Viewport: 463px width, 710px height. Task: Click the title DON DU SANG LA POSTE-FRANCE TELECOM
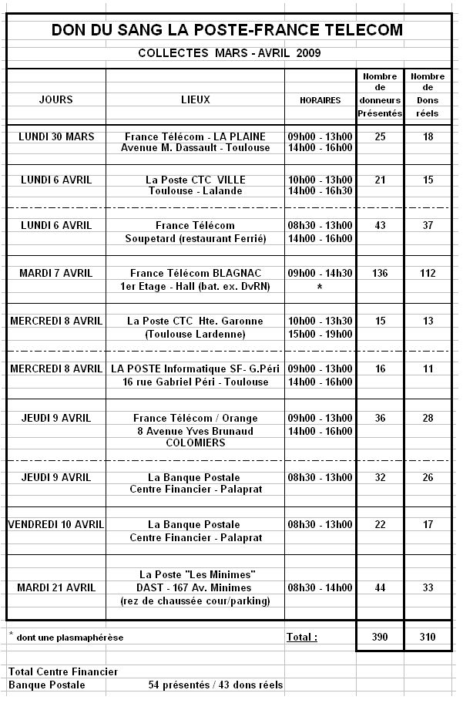(227, 31)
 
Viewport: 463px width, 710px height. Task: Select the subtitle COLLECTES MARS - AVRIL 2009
(229, 53)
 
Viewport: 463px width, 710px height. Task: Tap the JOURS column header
(55, 100)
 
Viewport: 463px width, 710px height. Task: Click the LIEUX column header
(196, 100)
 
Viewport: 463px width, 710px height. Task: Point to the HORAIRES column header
(320, 101)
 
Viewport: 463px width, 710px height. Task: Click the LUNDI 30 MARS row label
(55, 136)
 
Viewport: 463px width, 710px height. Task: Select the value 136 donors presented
(380, 273)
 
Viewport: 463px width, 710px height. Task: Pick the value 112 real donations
(428, 273)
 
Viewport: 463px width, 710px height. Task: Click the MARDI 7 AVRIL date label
(55, 273)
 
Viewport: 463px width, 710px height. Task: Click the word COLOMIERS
(195, 443)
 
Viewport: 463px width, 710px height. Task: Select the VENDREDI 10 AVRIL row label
(56, 525)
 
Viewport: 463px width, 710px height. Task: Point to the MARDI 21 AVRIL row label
(56, 587)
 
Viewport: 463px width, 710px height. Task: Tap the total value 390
(380, 638)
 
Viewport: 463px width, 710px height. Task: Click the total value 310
(428, 638)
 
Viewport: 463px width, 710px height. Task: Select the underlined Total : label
(302, 638)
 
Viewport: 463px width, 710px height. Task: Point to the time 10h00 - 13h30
(320, 321)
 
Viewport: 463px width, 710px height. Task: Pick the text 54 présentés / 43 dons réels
(215, 685)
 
